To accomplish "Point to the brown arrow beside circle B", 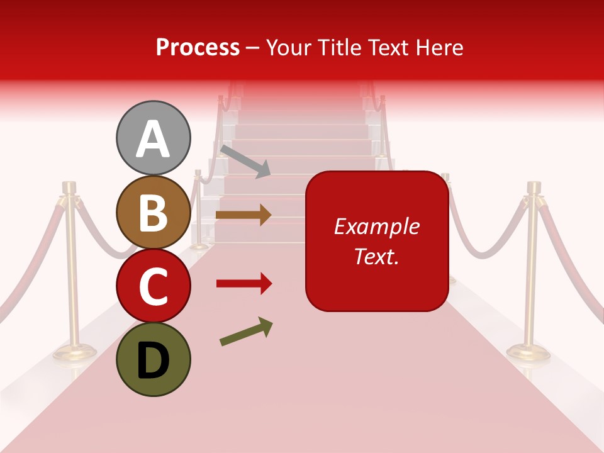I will pyautogui.click(x=243, y=215).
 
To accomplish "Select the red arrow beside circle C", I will pyautogui.click(x=243, y=284).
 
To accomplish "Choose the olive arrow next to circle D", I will pyautogui.click(x=246, y=332).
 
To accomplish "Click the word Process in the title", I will pyautogui.click(x=198, y=47).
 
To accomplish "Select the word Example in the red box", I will pyautogui.click(x=376, y=226).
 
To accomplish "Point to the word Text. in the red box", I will pyautogui.click(x=376, y=255).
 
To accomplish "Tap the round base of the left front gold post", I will pyautogui.click(x=70, y=352).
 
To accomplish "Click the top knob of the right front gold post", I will pyautogui.click(x=534, y=187).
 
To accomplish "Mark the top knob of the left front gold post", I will pyautogui.click(x=69, y=187).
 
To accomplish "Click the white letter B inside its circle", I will pyautogui.click(x=153, y=213).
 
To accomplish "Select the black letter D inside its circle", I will pyautogui.click(x=153, y=361).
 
